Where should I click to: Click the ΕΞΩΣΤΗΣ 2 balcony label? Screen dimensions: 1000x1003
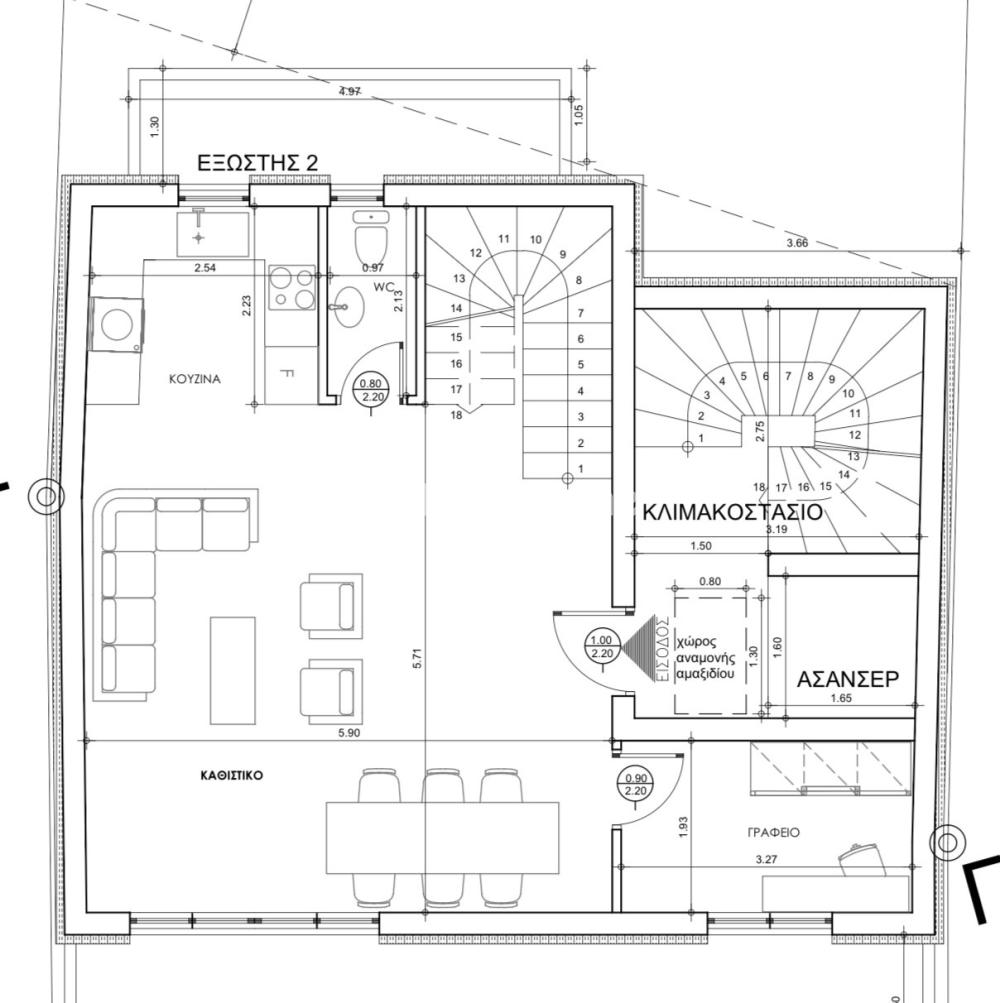(257, 162)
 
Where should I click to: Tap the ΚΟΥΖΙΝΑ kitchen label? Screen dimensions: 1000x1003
(195, 379)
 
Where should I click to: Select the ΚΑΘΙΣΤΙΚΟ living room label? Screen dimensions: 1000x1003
(232, 775)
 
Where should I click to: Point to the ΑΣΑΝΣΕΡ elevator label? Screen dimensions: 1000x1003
(848, 679)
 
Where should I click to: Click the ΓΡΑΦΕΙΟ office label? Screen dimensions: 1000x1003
(774, 832)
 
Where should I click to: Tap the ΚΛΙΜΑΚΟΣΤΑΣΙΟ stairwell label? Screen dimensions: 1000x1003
(733, 512)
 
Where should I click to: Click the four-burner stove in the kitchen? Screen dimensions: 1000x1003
(292, 288)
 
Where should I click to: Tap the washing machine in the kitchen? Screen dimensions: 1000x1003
(117, 324)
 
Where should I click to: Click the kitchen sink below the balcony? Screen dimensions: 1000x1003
(213, 233)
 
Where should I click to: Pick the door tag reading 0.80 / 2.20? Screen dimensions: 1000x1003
(371, 390)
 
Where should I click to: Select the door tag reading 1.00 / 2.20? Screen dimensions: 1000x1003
(601, 647)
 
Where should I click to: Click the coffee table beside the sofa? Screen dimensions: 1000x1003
(233, 670)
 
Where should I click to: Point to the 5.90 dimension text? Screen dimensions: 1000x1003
(349, 733)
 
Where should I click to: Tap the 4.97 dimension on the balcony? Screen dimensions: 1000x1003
(349, 91)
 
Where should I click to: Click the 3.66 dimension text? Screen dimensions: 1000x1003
(797, 243)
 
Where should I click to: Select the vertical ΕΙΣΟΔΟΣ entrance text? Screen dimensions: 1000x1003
(663, 649)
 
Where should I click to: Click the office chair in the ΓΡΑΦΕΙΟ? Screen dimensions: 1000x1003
(861, 861)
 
